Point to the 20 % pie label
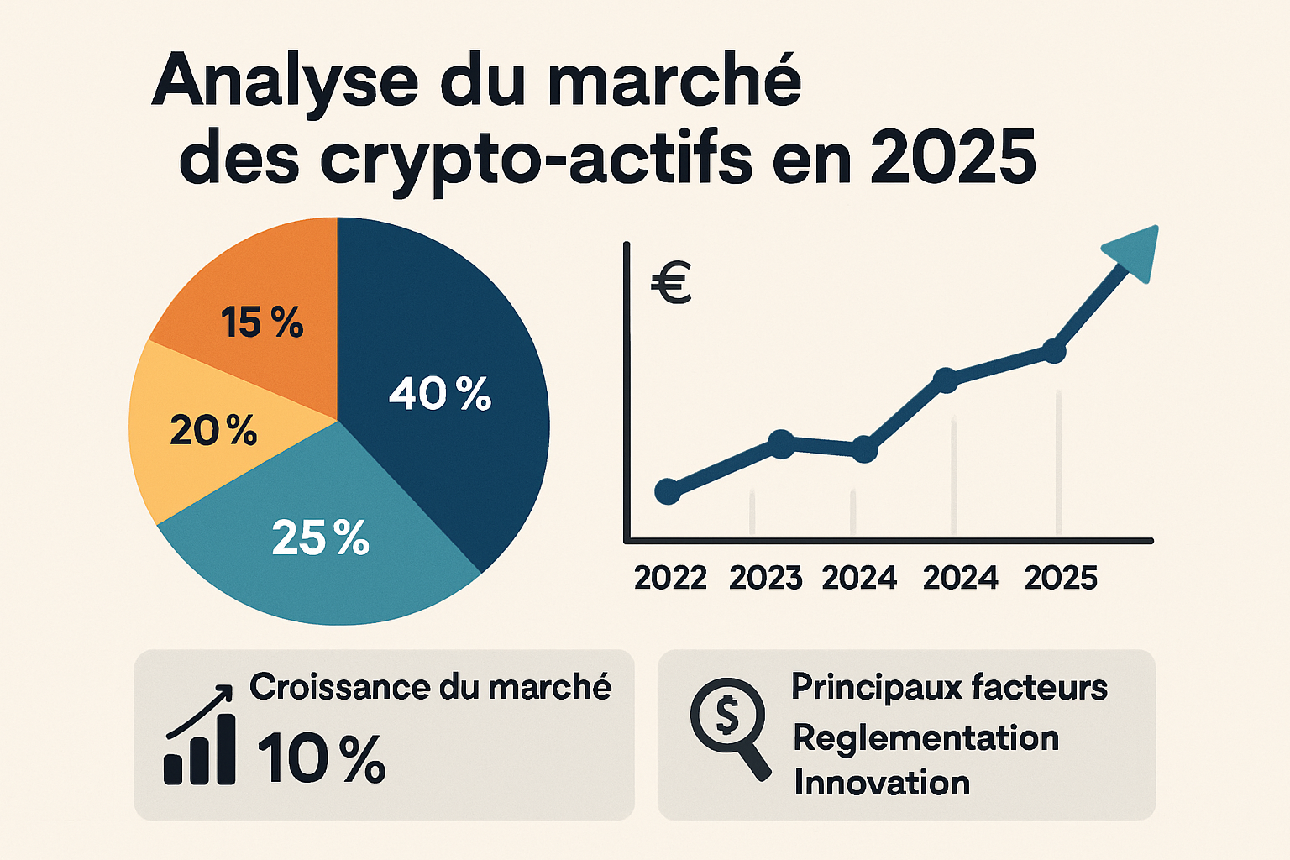pos(213,431)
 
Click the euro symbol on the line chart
pos(671,283)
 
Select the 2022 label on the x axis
pos(670,578)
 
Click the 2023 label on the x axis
pos(766,578)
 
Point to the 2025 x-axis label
pos(1061,578)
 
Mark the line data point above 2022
pos(668,491)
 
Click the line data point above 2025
pos(1053,351)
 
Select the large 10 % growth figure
pos(321,758)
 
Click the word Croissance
pos(339,687)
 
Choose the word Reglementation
pos(926,738)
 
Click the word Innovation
pos(882,783)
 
